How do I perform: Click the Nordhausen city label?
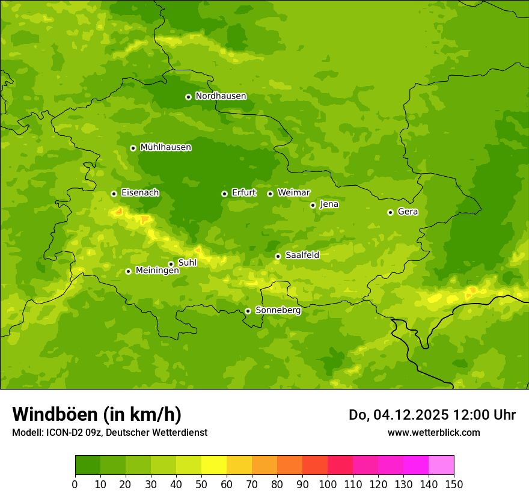point(221,96)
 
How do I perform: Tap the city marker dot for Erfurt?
point(224,194)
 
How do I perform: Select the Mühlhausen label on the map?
point(165,147)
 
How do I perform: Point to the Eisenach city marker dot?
point(114,194)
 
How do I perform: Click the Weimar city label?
point(293,193)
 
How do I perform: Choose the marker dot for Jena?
point(313,205)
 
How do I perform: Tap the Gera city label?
point(408,212)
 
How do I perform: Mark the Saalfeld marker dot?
point(278,256)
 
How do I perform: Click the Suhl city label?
point(187,263)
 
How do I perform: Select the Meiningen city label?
point(157,271)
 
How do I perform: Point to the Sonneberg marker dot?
point(248,311)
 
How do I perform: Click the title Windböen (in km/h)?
point(97,414)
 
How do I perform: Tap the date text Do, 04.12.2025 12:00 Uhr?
point(432,415)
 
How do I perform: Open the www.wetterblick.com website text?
point(433,432)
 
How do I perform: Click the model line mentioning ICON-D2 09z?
point(109,432)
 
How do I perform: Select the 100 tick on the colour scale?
point(328,484)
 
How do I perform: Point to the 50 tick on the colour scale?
point(201,484)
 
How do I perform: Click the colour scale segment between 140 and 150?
point(441,465)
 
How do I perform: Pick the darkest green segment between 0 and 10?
point(88,465)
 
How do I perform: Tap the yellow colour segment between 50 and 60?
point(214,465)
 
